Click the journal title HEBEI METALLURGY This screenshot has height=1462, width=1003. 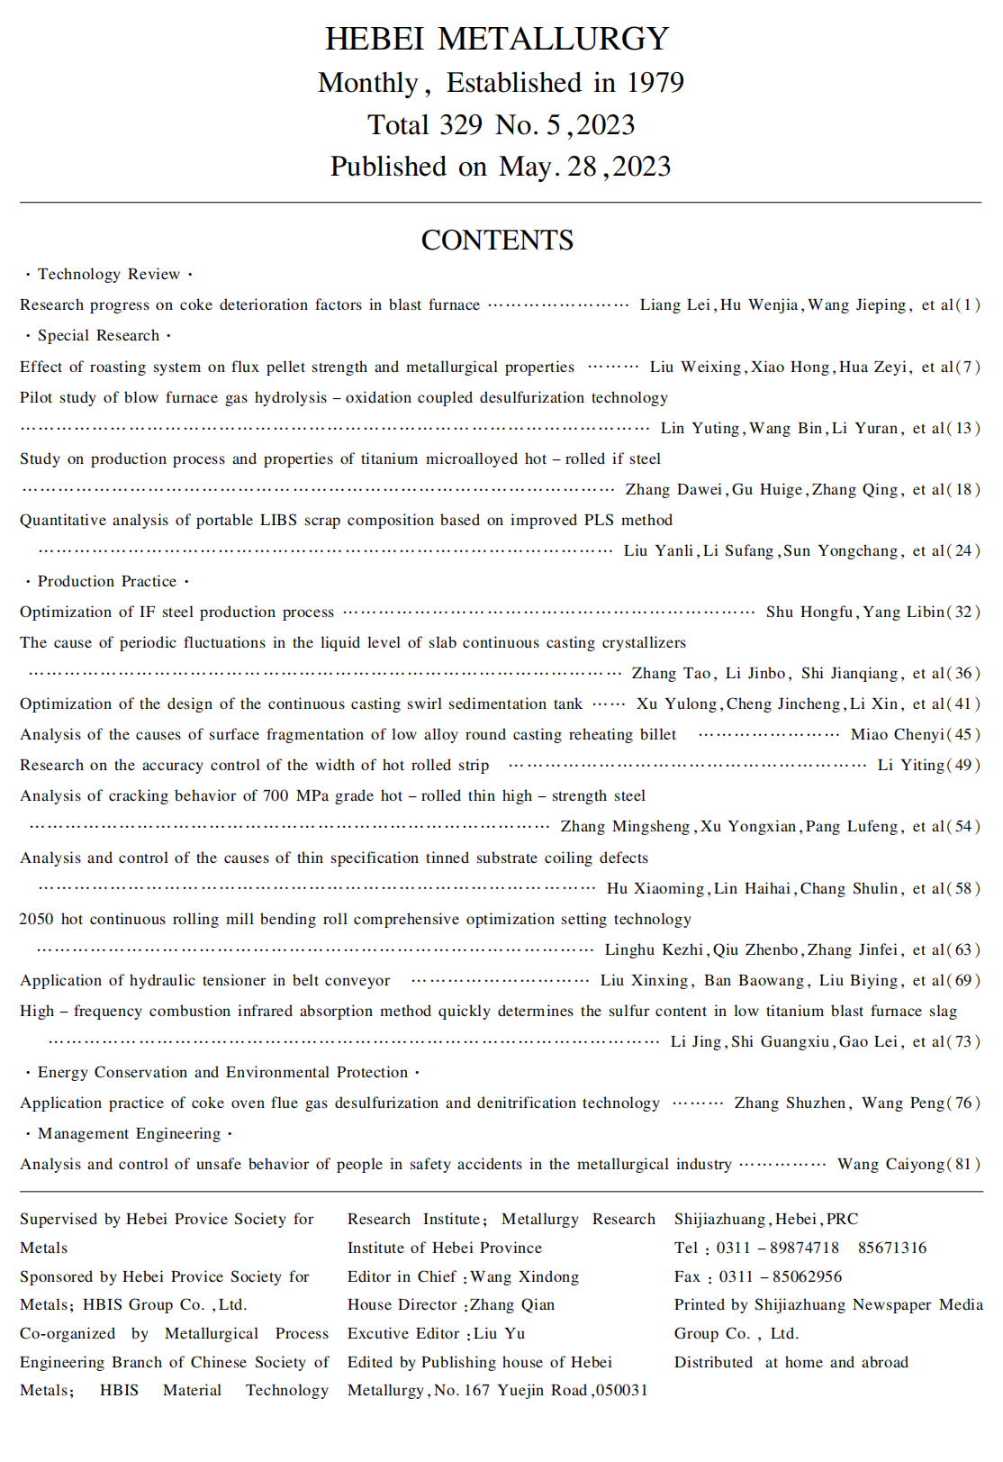[497, 39]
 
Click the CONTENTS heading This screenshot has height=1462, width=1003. [497, 241]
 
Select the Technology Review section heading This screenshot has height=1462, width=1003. [109, 274]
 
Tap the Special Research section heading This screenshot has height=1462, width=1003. [98, 335]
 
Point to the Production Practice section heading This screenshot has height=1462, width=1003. [107, 581]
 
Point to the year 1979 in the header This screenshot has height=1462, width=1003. [655, 83]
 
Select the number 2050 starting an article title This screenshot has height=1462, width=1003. [37, 919]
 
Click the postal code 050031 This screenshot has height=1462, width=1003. [622, 1390]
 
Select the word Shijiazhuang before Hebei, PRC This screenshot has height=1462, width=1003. [720, 1219]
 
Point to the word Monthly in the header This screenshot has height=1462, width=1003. [368, 83]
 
